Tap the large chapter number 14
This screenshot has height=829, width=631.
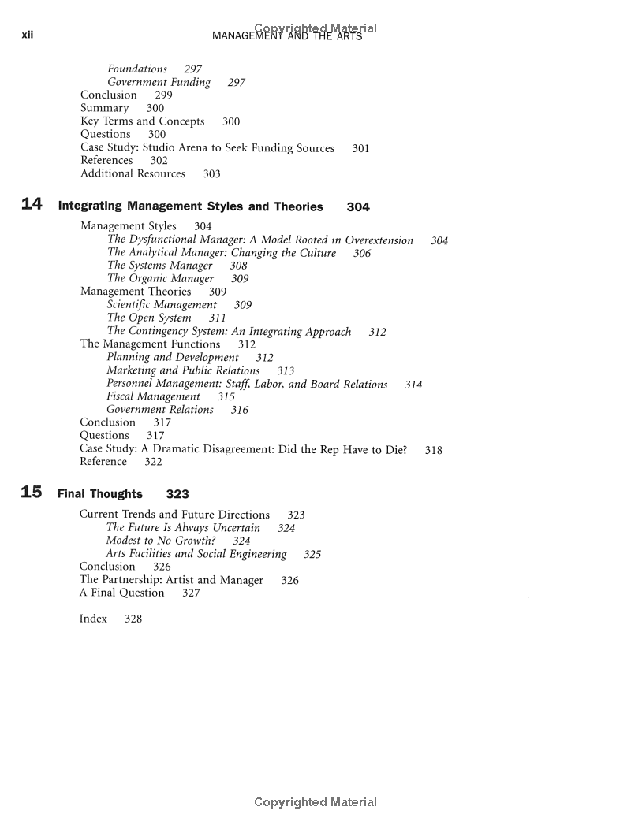pos(32,205)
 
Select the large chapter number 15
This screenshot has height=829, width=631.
pos(32,493)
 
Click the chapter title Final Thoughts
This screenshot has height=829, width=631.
pos(100,494)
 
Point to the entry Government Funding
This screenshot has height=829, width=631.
pos(159,82)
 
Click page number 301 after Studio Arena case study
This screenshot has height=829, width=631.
pos(360,148)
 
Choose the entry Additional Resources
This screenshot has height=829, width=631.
pos(133,173)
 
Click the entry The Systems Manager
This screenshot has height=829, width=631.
pos(159,266)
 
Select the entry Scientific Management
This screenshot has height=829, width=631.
pos(162,305)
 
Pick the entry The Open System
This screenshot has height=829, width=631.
pos(149,318)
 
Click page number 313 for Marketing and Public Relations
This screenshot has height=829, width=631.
pos(286,370)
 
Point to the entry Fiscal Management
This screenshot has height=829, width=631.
pos(153,396)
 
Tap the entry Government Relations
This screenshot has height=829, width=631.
pos(160,410)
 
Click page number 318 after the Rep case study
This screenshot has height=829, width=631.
pos(433,451)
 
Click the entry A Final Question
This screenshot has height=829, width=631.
pos(121,593)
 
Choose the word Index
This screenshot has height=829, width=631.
pos(93,619)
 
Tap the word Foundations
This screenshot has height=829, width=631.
pos(137,69)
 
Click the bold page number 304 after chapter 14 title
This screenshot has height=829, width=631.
pos(358,207)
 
